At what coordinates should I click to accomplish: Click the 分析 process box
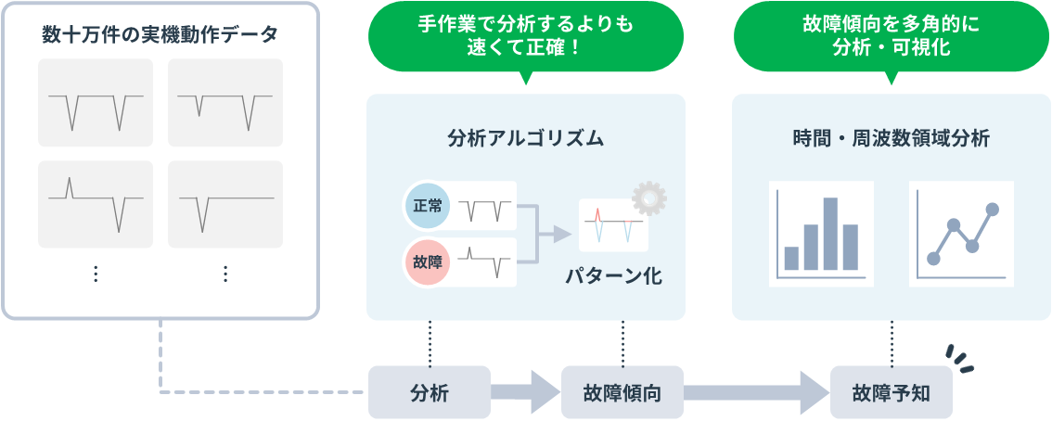tap(430, 392)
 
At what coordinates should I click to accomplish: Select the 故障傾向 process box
tap(622, 392)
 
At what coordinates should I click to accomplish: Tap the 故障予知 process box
tap(891, 392)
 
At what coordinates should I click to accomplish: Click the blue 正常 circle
tap(428, 205)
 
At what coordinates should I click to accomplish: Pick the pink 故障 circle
tap(428, 262)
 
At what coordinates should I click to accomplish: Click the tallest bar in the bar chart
tap(830, 234)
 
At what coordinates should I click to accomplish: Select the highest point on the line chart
tap(993, 210)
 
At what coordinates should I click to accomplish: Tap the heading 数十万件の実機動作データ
tap(160, 34)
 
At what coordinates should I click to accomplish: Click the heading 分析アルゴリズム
tap(525, 139)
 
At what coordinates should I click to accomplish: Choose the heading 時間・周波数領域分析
tap(892, 139)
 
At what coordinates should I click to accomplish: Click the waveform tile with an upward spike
tap(96, 204)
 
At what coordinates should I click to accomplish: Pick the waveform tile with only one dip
tap(225, 204)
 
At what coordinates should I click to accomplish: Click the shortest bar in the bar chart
tap(791, 258)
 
